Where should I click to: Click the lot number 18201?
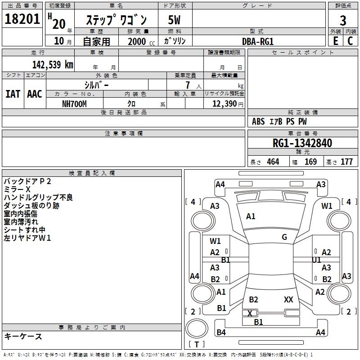pos(22,19)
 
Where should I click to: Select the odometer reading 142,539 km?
pos(53,64)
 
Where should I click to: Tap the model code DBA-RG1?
pos(258,41)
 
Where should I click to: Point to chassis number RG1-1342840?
pos(302,143)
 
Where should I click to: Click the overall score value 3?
pos(343,20)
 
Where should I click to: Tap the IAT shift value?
pos(13,94)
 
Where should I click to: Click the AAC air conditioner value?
pos(35,94)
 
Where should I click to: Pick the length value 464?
pos(273,162)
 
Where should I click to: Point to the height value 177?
pos(346,162)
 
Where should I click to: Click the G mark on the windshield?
pos(284,237)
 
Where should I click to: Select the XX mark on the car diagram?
pos(288,299)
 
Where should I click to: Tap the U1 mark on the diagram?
pos(316,260)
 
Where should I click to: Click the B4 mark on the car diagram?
pos(221,333)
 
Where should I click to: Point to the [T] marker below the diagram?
pos(197,344)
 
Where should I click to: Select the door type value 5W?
pos(175,20)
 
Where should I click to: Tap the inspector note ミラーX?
pos(17,189)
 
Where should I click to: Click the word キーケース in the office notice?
pos(23,336)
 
